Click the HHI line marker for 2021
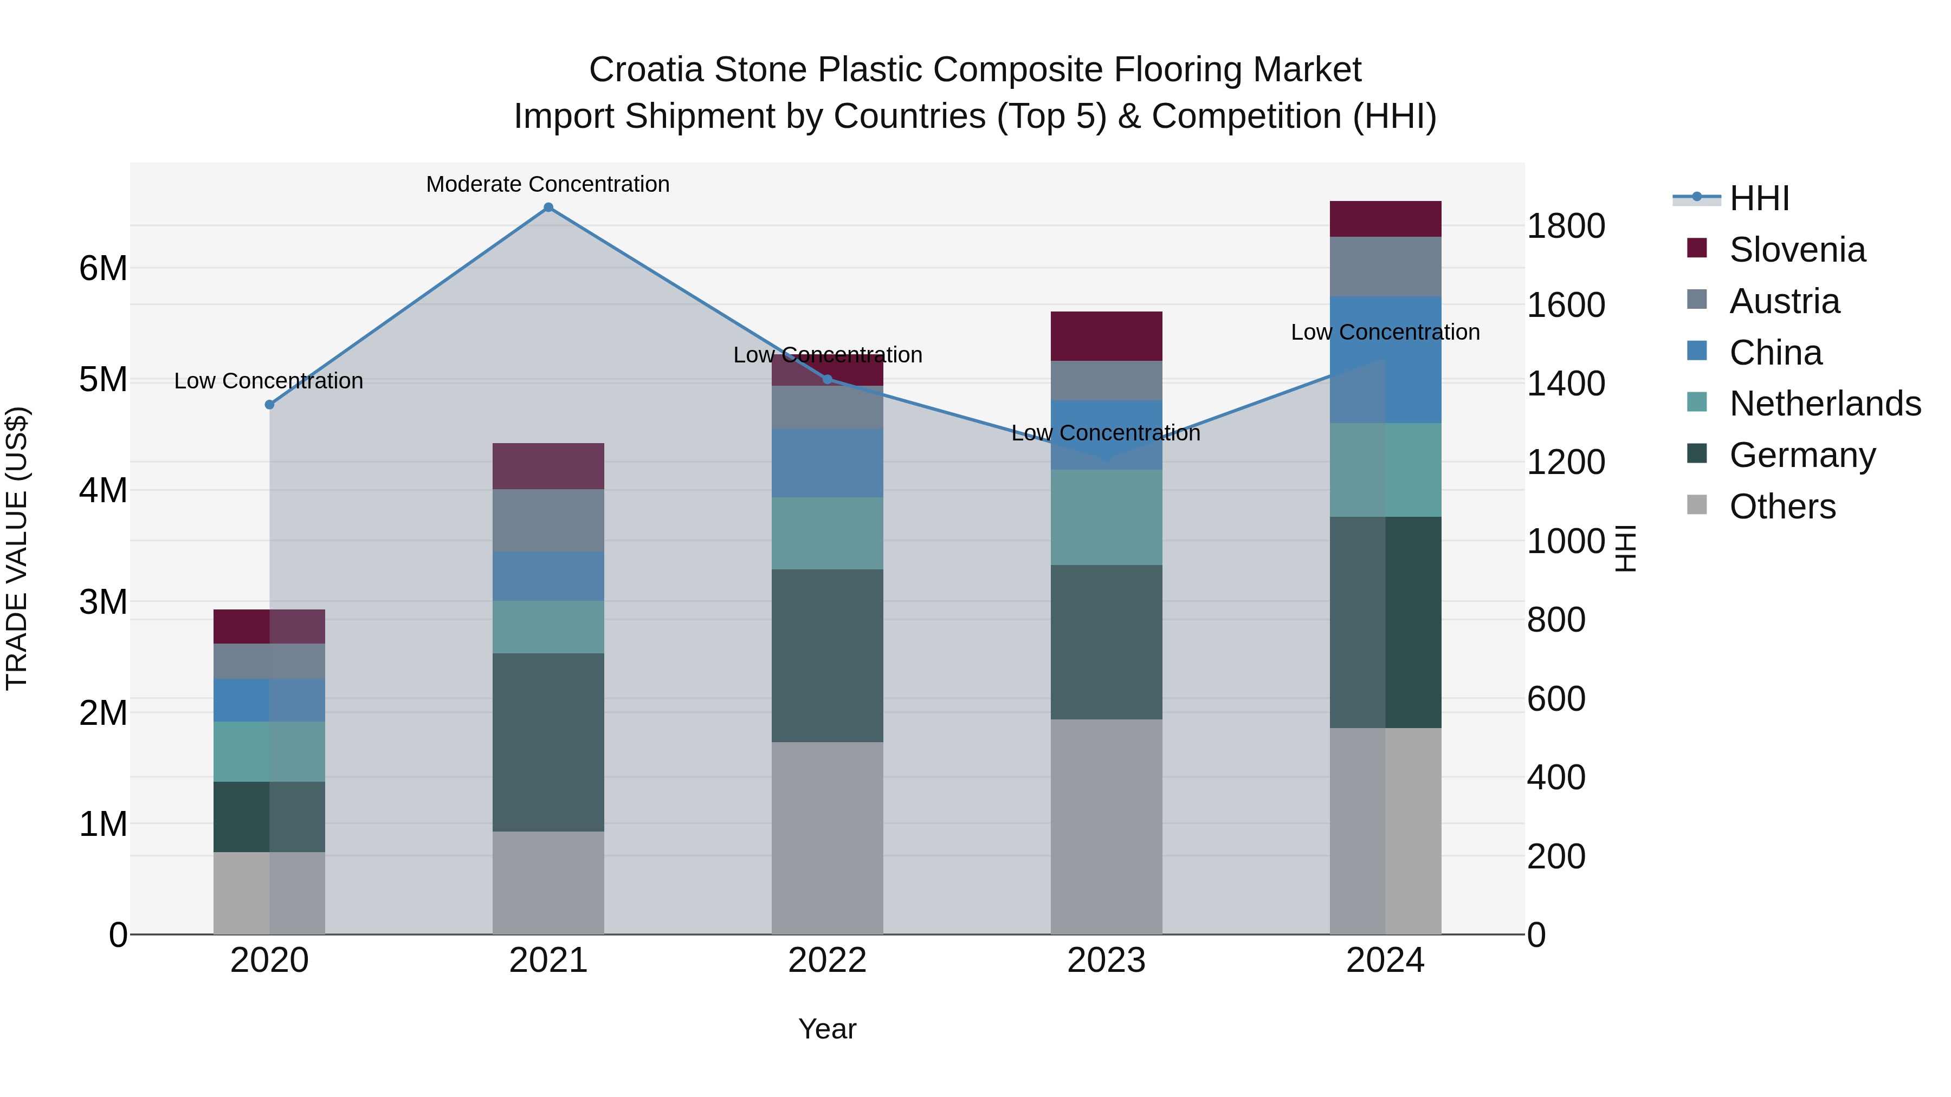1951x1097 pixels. point(548,207)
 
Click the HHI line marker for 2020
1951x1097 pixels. point(270,405)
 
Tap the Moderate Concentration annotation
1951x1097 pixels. point(547,185)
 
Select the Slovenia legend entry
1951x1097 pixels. point(1797,250)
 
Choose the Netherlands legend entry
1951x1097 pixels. point(1824,404)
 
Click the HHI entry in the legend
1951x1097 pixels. point(1759,198)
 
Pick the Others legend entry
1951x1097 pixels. point(1781,507)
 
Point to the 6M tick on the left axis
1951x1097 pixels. point(103,268)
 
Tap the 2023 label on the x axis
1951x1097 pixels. point(1106,960)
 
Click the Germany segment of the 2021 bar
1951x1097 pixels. point(548,742)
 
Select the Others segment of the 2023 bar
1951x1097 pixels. point(1106,827)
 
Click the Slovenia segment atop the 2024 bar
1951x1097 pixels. point(1385,219)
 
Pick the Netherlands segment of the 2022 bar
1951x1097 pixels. point(827,533)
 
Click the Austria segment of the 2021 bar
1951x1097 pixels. point(548,520)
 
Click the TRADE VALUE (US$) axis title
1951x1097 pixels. point(17,548)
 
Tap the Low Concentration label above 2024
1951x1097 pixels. point(1385,333)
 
